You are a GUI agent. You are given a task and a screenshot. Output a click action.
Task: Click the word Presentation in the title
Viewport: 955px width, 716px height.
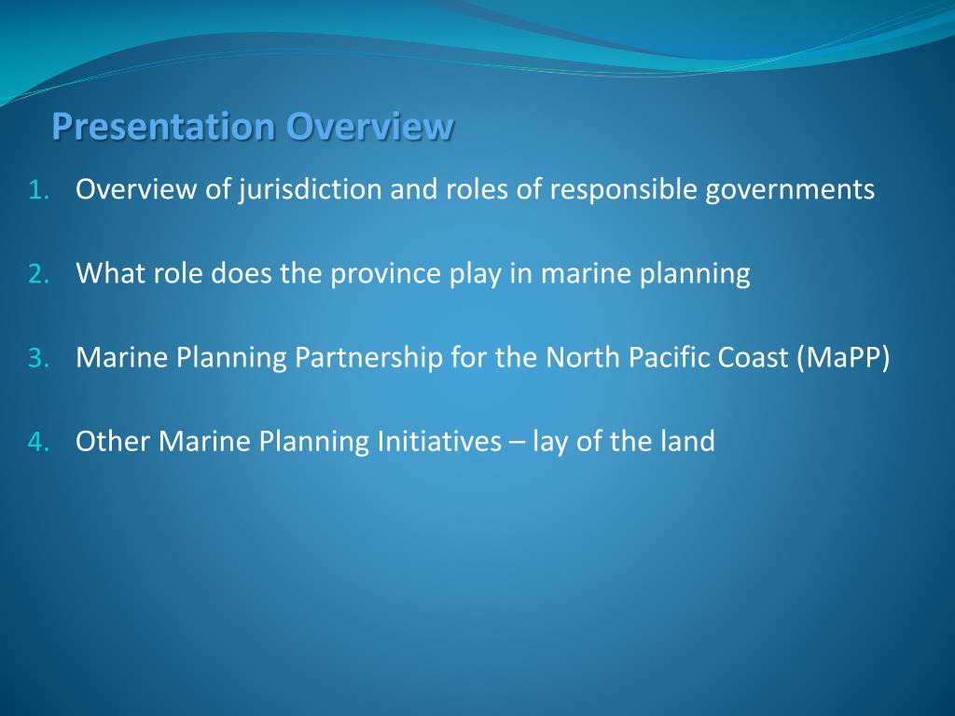point(164,127)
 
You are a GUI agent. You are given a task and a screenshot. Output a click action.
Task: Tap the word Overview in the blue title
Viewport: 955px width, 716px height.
point(370,127)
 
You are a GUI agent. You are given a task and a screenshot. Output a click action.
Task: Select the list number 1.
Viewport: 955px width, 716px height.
point(38,191)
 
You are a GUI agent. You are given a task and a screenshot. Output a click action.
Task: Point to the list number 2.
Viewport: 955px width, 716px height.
point(38,275)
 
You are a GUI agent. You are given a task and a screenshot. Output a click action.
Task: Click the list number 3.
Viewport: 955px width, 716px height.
point(38,359)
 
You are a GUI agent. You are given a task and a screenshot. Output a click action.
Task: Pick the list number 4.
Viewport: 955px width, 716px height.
point(38,443)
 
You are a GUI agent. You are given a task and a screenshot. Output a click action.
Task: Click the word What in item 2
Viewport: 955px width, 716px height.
point(106,274)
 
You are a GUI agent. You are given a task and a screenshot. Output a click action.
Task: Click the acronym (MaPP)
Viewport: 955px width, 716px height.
point(843,358)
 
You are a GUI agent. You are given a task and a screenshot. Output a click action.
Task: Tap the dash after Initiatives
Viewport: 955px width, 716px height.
point(517,442)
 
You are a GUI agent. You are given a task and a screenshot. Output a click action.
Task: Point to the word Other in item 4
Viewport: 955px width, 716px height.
point(113,442)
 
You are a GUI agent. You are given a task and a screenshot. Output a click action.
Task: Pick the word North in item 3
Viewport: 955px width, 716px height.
point(578,358)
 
